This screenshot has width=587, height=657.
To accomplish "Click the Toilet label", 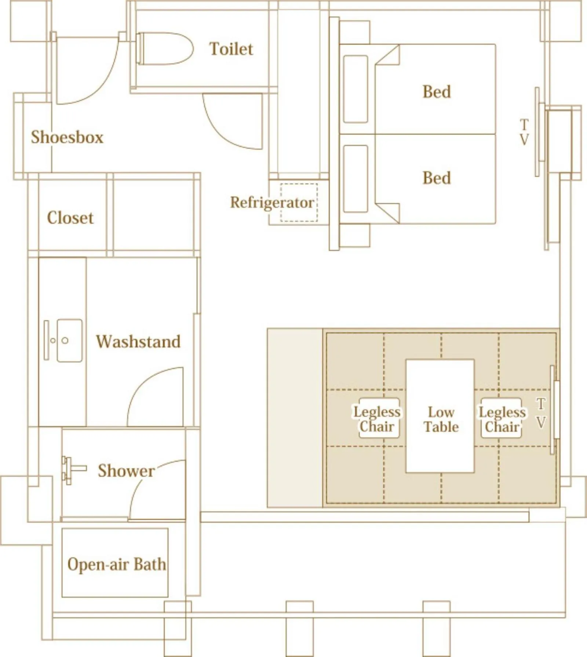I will (231, 49).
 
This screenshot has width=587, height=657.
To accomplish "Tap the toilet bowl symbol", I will (165, 49).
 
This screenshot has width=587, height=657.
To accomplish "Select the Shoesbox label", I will (67, 137).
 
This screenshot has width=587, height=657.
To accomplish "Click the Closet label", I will (70, 218).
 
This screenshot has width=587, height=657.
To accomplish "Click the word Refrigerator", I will (271, 202).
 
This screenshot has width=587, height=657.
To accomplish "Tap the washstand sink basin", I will (69, 341).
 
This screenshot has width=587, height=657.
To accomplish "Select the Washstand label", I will (138, 342).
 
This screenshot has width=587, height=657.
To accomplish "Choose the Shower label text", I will (126, 471).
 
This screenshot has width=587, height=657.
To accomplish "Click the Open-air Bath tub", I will (115, 565).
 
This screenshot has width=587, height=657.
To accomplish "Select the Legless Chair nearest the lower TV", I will (502, 419).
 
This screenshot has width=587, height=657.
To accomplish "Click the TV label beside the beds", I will (524, 132).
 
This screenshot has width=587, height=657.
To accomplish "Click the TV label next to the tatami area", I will (541, 413).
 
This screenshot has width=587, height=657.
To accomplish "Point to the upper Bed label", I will (436, 92).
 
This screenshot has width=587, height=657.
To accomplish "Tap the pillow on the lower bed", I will (356, 179).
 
